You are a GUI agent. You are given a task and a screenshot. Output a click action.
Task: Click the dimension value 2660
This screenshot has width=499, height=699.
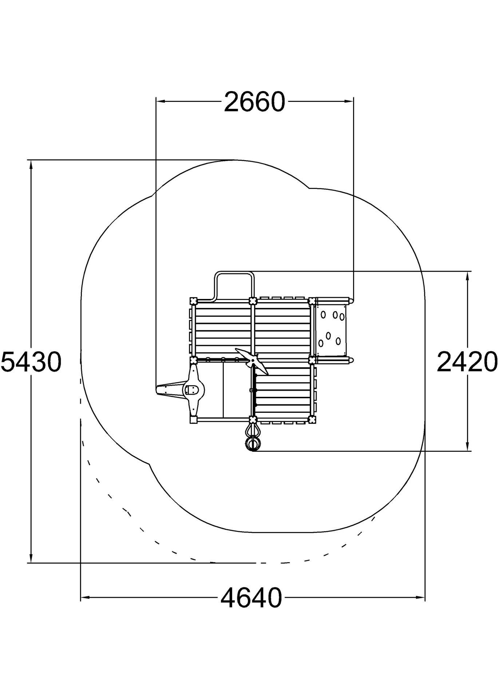click(x=254, y=102)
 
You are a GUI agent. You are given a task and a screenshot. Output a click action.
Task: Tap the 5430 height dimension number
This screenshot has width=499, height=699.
click(x=31, y=362)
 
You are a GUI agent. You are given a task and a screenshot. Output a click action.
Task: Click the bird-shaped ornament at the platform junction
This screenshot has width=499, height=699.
click(x=252, y=361)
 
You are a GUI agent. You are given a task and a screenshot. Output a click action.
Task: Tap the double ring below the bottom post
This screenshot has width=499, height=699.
click(x=253, y=443)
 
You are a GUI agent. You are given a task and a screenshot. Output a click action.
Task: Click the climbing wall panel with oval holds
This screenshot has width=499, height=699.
click(x=330, y=331)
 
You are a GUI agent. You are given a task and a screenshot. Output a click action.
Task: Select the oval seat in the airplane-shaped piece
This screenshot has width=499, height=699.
click(x=191, y=390)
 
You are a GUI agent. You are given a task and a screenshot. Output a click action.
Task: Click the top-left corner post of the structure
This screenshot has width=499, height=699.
click(x=194, y=301)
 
